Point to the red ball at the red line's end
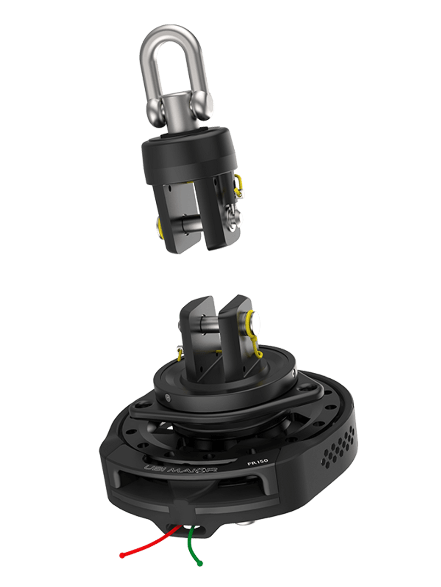click(122, 555)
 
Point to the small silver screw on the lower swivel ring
click(168, 396)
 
